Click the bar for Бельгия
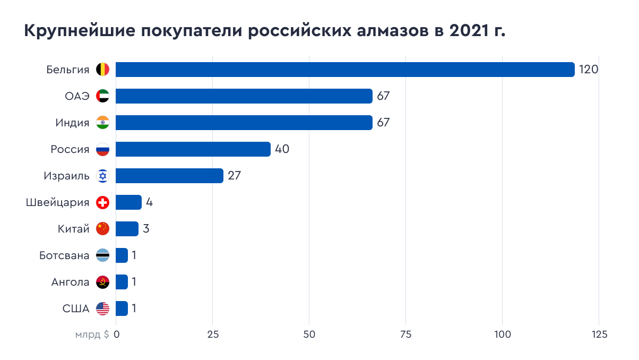tap(345, 70)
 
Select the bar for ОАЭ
tap(244, 96)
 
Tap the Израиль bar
tap(169, 176)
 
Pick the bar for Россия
tap(193, 149)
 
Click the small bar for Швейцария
tap(128, 202)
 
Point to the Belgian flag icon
tap(102, 70)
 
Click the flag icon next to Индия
tap(102, 123)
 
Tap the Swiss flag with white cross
tap(102, 202)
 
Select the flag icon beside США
tap(102, 308)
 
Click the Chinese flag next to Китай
tap(102, 229)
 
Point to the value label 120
tap(589, 70)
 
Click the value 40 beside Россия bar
tap(282, 149)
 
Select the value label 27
tap(235, 176)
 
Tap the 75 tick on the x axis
tap(406, 335)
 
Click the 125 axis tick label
tap(599, 335)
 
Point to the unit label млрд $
tap(92, 335)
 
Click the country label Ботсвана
tap(64, 255)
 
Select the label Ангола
tap(70, 282)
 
